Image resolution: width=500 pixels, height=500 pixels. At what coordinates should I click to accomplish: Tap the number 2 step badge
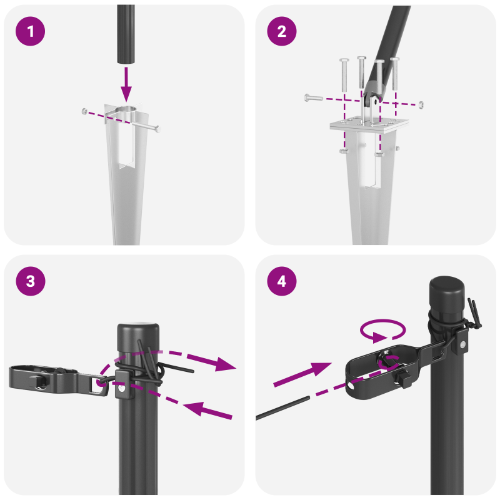pyautogui.click(x=282, y=31)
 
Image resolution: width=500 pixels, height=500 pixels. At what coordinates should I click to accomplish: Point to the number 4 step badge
pyautogui.click(x=282, y=281)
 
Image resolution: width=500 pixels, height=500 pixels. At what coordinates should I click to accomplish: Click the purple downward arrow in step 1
pyautogui.click(x=127, y=84)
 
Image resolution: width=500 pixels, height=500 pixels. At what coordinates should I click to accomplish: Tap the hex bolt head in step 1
pyautogui.click(x=84, y=111)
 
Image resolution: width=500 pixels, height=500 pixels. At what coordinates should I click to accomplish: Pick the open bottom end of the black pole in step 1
pyautogui.click(x=126, y=61)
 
